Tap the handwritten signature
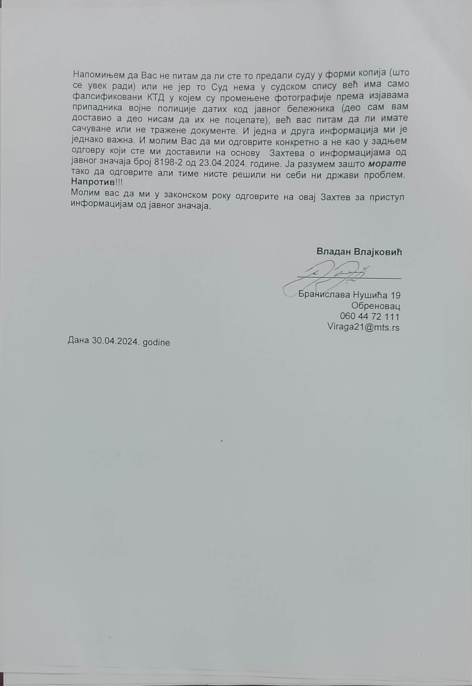click(328, 276)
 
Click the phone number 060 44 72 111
click(370, 316)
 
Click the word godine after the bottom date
click(156, 342)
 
